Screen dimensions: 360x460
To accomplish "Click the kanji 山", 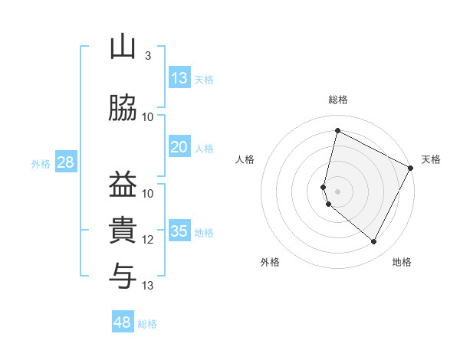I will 123,47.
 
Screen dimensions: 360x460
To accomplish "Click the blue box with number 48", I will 123,322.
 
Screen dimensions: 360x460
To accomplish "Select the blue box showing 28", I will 65,162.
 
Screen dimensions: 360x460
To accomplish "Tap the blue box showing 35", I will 179,231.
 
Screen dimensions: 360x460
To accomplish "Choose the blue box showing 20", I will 179,147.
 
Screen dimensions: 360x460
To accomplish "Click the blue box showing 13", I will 179,78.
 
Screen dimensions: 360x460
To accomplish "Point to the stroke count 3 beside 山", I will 148,56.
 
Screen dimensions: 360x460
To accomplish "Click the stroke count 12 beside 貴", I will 148,240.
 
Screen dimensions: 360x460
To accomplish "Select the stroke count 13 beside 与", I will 148,286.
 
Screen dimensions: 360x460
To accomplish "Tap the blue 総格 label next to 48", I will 147,324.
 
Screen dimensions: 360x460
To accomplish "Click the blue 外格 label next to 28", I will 41,163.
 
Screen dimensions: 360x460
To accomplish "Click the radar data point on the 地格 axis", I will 374,242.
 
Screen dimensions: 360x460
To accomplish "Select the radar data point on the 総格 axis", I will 337,130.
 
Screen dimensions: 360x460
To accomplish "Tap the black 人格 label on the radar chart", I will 245,159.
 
